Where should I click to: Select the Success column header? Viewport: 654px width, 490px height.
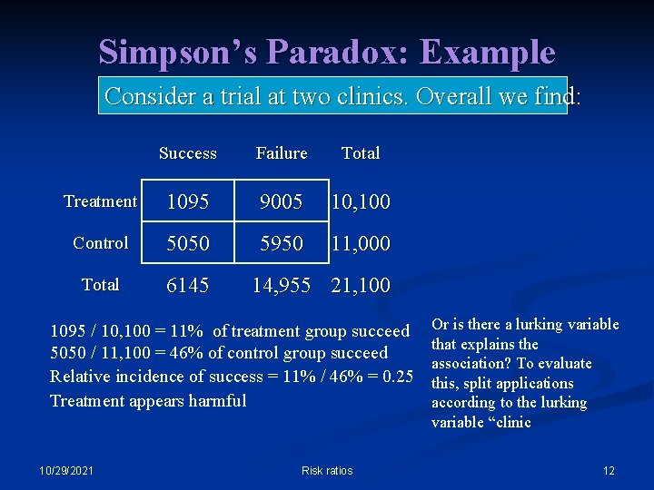[187, 153]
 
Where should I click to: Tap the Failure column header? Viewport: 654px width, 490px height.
[282, 153]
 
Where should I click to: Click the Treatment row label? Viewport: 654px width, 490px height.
[101, 201]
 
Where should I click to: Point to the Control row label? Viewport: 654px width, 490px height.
[101, 243]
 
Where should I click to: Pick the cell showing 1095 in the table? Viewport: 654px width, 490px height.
[187, 202]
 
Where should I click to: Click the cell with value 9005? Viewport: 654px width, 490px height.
[282, 202]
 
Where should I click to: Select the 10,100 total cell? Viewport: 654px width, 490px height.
[362, 202]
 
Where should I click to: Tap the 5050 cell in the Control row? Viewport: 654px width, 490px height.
[187, 244]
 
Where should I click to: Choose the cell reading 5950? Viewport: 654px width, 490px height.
[282, 244]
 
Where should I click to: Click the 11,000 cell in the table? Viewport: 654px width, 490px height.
[362, 244]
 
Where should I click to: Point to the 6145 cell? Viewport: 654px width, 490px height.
[187, 286]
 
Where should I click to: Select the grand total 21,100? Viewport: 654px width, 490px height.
[362, 286]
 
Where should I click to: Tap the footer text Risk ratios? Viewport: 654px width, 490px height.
[327, 470]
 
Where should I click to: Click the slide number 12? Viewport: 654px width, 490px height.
[609, 470]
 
